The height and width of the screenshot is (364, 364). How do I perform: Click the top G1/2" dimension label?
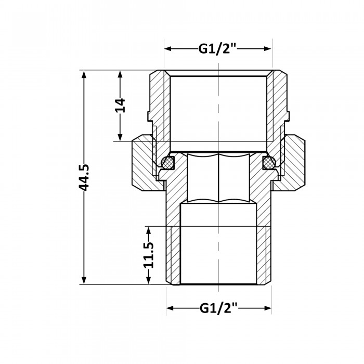[x=217, y=49]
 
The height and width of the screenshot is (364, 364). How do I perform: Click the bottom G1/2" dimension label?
[x=218, y=308]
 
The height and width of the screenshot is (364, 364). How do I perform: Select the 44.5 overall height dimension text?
[x=84, y=178]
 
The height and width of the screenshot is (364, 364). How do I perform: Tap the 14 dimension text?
[x=120, y=106]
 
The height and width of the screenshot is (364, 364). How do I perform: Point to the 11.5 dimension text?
[x=149, y=255]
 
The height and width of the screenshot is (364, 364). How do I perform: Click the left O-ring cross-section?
[x=168, y=162]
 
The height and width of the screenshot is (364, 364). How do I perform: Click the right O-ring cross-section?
[x=269, y=162]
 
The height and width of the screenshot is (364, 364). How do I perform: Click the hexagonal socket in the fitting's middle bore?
[x=218, y=177]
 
